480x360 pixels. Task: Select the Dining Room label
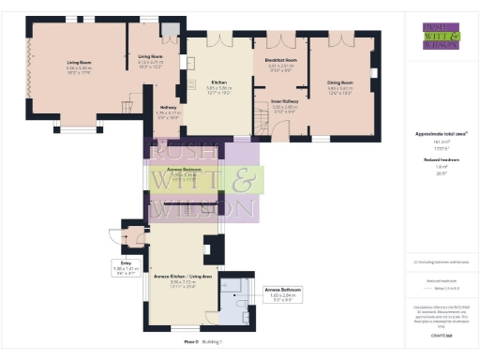click(339, 82)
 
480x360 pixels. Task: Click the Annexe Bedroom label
click(184, 171)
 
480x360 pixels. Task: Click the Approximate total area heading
click(434, 133)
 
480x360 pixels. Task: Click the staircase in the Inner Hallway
click(258, 120)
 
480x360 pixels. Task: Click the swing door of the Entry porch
click(115, 236)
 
